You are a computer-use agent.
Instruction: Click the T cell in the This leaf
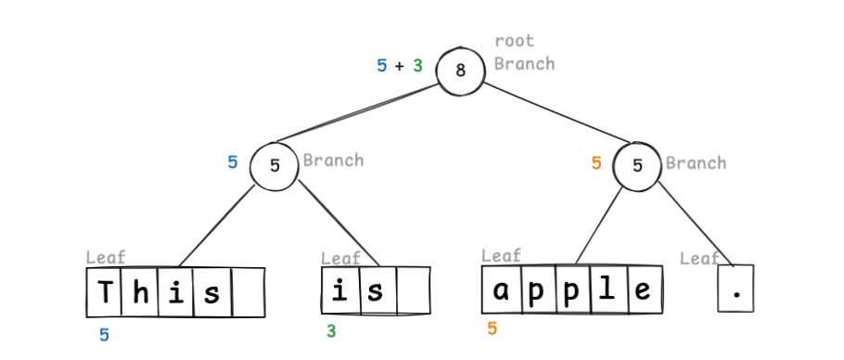106,293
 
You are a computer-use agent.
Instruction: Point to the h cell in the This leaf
140,293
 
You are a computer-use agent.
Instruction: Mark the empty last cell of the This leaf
248,293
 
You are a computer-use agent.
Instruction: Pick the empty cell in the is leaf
414,291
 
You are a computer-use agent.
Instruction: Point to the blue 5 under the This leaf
104,335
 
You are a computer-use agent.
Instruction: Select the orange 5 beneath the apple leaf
492,328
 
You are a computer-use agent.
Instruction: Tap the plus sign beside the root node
400,66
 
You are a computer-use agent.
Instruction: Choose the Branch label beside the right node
696,163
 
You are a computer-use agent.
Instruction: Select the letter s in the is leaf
375,291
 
